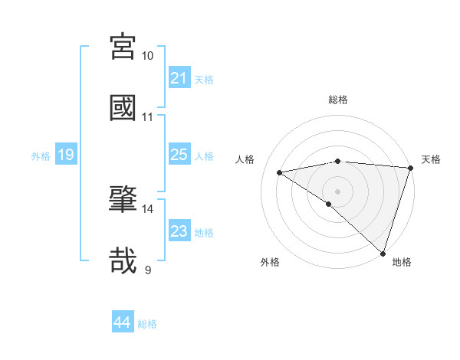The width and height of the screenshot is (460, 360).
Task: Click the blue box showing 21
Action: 179,77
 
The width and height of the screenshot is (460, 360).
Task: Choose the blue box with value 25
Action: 179,155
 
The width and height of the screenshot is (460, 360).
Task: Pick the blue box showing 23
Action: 179,231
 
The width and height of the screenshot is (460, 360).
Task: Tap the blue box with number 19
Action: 65,155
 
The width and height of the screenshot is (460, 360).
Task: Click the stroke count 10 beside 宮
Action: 148,56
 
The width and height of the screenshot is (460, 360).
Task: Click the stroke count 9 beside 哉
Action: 148,270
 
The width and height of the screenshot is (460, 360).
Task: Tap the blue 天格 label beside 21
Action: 204,79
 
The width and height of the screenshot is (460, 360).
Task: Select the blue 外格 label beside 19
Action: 41,156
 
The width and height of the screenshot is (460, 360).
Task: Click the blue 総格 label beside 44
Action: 147,324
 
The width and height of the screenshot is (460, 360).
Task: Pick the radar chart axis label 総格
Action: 338,100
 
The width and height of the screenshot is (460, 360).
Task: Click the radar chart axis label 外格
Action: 270,262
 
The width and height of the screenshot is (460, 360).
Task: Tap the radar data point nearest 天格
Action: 410,168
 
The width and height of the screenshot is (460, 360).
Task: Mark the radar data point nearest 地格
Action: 383,253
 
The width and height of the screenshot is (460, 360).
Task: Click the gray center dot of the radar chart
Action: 337,191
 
